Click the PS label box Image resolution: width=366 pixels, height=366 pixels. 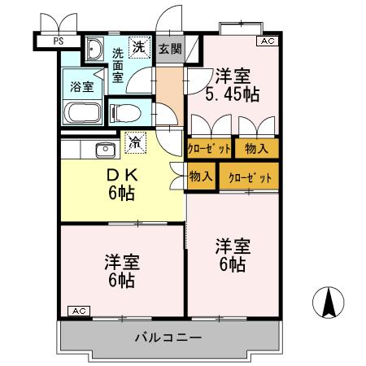[x=57, y=39]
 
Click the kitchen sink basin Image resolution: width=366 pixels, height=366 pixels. [x=103, y=149]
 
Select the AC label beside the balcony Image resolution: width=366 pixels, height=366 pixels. [x=77, y=311]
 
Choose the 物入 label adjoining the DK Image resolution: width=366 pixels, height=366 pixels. [x=201, y=176]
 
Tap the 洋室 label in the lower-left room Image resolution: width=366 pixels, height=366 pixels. [x=122, y=263]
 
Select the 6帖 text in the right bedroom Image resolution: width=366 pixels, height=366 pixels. [x=232, y=264]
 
